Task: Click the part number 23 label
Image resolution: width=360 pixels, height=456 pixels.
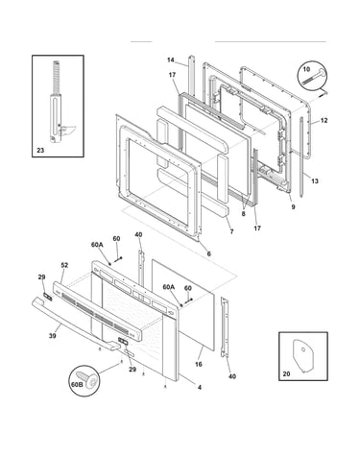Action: coord(40,150)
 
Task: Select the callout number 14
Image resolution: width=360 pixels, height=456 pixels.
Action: coord(171,60)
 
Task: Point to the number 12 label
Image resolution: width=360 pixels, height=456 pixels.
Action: coord(324,120)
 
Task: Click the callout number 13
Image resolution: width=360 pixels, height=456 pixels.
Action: coord(315,180)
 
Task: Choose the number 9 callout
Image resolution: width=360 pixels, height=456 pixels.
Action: coord(293,206)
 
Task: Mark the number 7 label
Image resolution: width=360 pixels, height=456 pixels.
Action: coord(231,231)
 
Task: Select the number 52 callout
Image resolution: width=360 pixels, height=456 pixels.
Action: coord(64,265)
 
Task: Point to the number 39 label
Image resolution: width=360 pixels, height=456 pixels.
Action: coord(52,336)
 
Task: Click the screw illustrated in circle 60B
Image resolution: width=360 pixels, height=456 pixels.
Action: coord(89,378)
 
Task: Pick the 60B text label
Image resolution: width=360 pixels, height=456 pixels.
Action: coord(77,384)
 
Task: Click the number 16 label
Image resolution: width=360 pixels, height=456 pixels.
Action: coord(199,364)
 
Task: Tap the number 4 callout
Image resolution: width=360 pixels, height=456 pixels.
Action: coord(200,387)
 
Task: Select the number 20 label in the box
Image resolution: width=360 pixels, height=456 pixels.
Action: coord(286,373)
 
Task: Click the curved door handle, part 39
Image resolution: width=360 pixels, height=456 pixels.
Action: coord(74,324)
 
